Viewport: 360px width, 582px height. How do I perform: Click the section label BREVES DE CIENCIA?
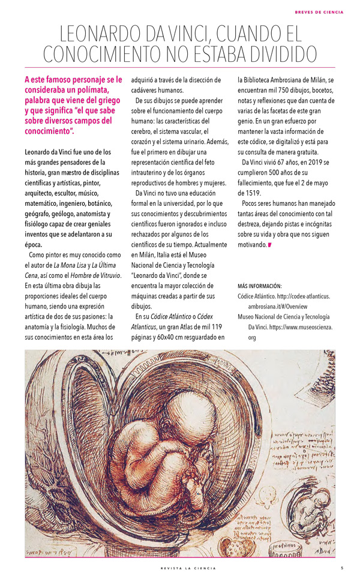pos(319,11)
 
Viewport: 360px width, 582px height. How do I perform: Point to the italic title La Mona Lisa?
pos(72,265)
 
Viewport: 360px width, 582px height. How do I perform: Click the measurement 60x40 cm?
pos(178,337)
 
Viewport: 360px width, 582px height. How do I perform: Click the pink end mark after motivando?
pos(270,245)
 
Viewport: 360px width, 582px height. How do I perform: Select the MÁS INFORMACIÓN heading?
pos(260,286)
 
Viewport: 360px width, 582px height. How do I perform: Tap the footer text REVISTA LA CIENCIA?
pos(180,568)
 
